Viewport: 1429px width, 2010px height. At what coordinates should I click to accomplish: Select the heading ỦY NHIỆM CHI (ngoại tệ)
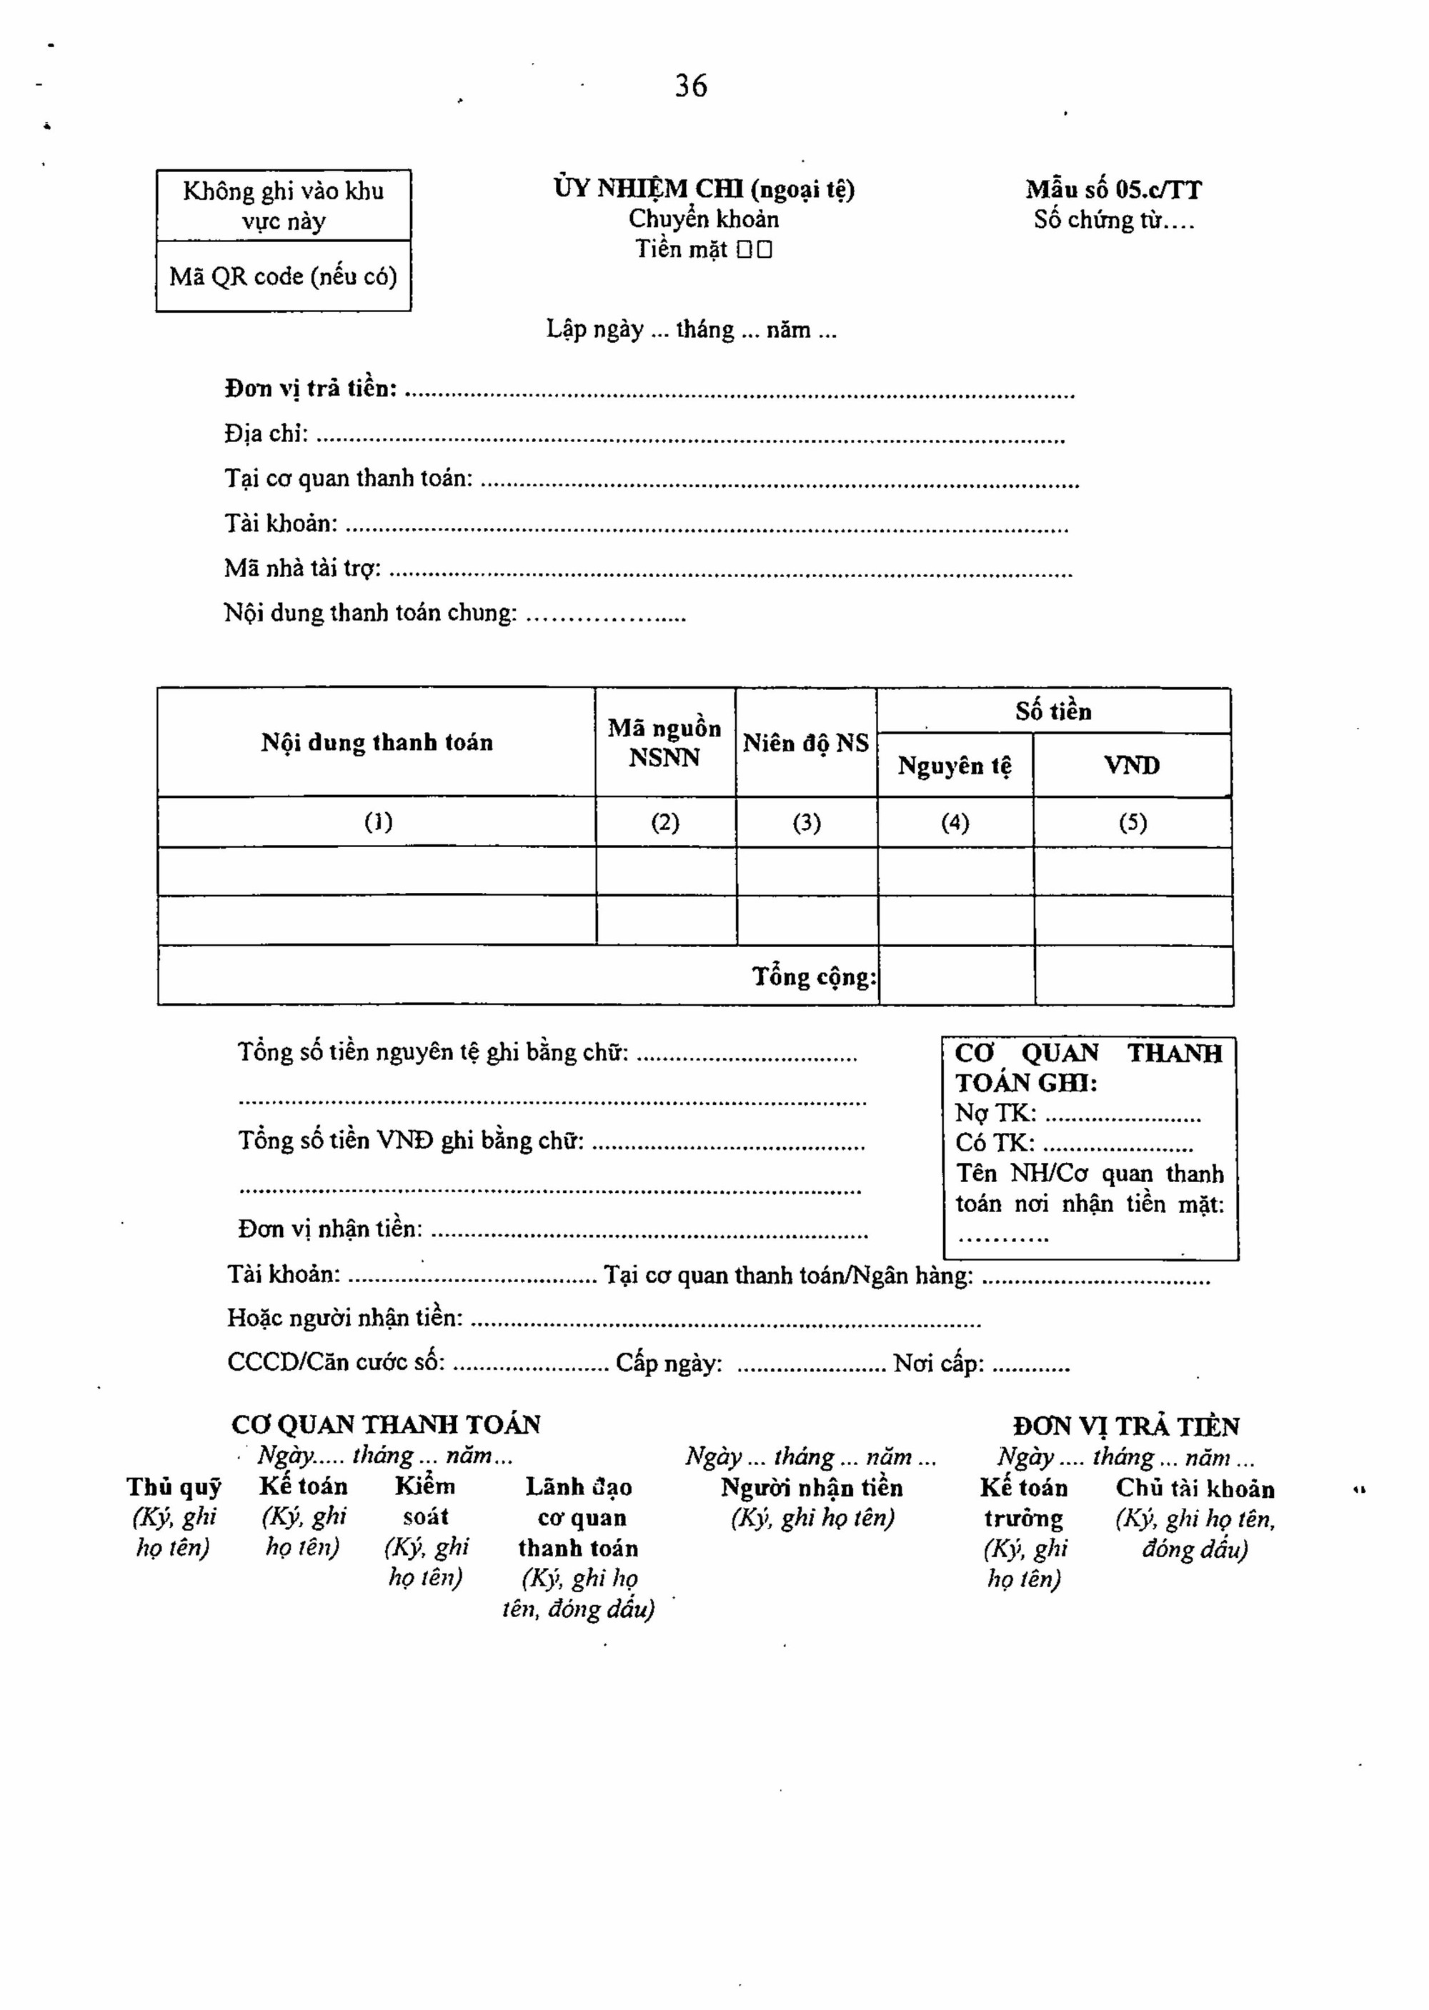(x=704, y=189)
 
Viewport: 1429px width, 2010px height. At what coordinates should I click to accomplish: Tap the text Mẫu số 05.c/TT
(x=1113, y=190)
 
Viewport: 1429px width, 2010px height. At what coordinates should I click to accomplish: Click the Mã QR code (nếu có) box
(x=284, y=277)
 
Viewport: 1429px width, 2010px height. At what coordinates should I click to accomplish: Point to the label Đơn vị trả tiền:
(x=311, y=389)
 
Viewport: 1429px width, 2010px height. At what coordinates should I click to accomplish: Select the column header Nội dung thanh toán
(x=377, y=742)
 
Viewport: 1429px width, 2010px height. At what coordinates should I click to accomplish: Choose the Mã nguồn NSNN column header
(x=664, y=742)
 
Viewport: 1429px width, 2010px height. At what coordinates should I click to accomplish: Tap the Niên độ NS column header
(x=805, y=744)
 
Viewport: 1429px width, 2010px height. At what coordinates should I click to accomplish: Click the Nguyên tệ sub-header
(x=955, y=765)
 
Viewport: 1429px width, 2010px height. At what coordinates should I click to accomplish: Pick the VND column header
(x=1132, y=765)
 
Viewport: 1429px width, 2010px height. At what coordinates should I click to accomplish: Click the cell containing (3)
(x=806, y=822)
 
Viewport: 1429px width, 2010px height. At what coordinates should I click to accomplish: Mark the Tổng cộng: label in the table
(x=814, y=976)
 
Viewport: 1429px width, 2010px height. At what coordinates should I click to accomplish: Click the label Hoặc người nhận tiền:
(x=345, y=1318)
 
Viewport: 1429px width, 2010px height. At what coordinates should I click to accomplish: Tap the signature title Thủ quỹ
(x=174, y=1487)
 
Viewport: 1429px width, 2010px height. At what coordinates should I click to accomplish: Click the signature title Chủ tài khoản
(x=1195, y=1489)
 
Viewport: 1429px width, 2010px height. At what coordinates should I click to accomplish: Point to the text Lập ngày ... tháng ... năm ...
(x=691, y=330)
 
